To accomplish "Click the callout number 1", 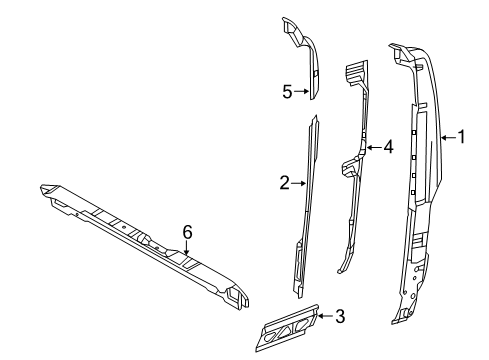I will [461, 138].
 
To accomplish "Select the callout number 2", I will [285, 182].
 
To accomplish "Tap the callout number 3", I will [340, 317].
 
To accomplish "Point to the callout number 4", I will [388, 146].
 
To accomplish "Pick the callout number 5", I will [287, 91].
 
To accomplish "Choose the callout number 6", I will [187, 231].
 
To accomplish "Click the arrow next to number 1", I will [446, 138].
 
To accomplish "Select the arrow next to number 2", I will [298, 182].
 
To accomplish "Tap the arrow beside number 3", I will [326, 317].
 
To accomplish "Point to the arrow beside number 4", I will [374, 146].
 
